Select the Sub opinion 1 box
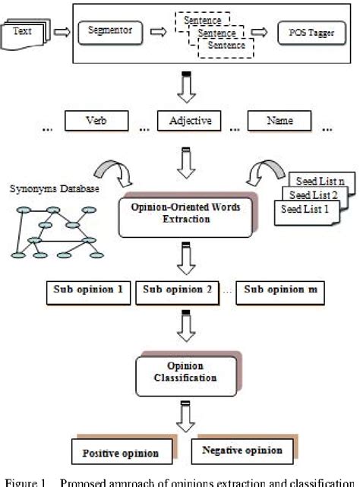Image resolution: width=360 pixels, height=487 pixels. (88, 291)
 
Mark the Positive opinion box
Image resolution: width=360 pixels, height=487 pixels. (121, 453)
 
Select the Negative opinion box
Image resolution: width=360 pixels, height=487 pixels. (242, 451)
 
